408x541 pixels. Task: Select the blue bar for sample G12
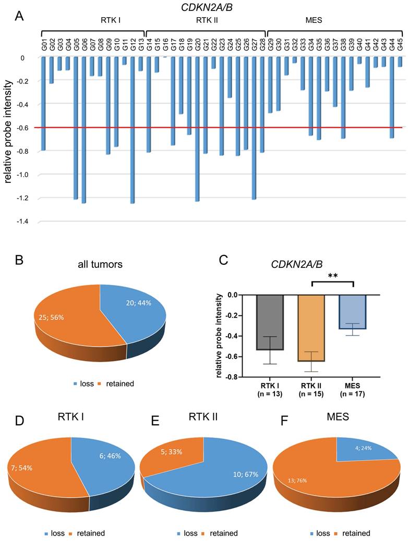click(x=132, y=130)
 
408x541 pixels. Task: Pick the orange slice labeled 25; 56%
click(x=68, y=313)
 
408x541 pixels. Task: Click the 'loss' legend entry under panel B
click(x=84, y=384)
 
